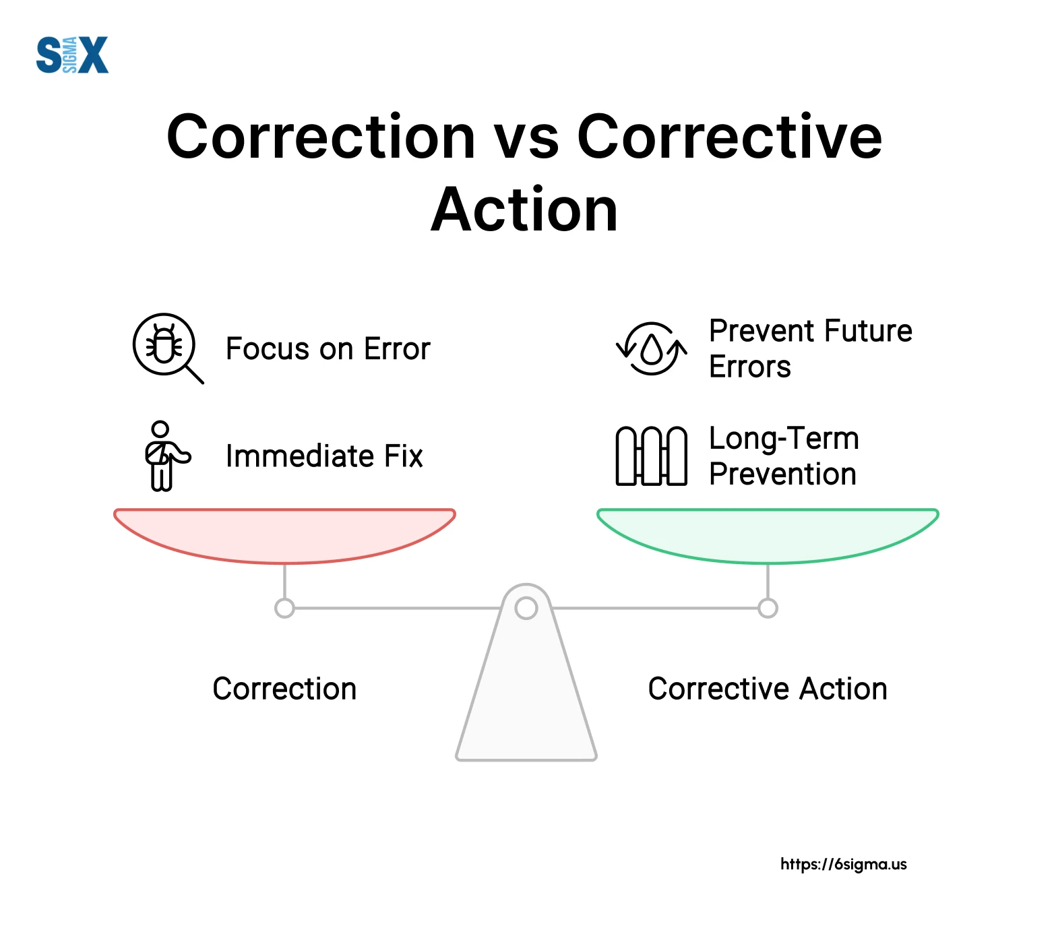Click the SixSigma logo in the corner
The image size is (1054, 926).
pos(72,55)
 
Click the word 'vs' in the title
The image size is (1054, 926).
pos(526,137)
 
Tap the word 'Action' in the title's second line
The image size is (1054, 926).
pos(524,210)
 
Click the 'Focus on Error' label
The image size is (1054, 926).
pos(328,349)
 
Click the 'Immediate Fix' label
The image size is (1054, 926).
pos(324,456)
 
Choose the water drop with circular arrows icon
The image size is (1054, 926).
pos(651,348)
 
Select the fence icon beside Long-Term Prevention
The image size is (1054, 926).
pos(651,456)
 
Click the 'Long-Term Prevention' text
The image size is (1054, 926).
pos(784,456)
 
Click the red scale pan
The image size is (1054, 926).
pos(284,532)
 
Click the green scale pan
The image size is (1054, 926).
pos(768,532)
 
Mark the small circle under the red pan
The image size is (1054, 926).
pos(284,608)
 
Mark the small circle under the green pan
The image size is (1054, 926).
pos(768,608)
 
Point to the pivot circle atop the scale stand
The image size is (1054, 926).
pos(526,608)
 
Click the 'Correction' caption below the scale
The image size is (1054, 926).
pos(284,689)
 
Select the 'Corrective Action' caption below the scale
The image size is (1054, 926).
pos(768,689)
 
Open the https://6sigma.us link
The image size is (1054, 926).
pos(843,864)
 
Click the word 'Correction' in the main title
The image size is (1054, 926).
pos(321,137)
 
